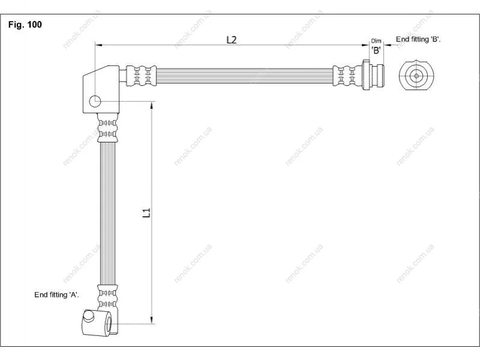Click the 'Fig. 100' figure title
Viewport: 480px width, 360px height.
tap(25, 25)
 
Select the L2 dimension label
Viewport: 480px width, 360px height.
tap(231, 40)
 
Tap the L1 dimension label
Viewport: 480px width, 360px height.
tap(147, 212)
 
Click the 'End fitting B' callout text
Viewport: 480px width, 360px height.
tap(418, 39)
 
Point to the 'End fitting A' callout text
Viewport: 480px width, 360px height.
tap(56, 294)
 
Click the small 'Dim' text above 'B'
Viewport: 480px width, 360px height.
tap(376, 41)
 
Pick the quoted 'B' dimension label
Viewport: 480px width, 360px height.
tap(376, 50)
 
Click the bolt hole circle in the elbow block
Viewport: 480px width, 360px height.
tap(95, 101)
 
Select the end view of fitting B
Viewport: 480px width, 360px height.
tap(416, 75)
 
